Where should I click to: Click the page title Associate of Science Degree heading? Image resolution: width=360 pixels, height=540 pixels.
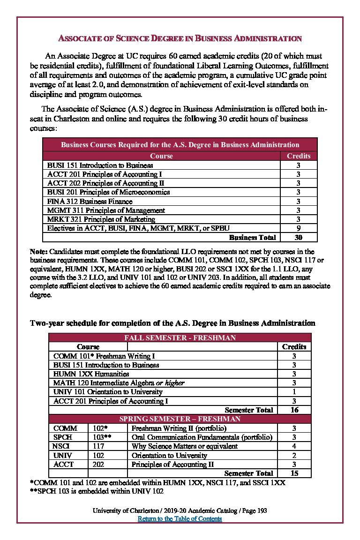[x=180, y=38]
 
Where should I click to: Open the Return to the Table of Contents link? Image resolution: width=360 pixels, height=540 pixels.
[x=180, y=518]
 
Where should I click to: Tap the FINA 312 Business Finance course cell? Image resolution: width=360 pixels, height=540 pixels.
[x=90, y=201]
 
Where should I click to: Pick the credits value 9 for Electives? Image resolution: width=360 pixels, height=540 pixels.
[x=299, y=228]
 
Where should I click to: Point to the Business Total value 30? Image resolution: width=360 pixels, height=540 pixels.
[x=299, y=237]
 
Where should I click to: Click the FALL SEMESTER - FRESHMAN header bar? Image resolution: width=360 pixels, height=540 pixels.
[x=180, y=337]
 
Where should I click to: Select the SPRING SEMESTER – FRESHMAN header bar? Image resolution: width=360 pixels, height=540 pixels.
[x=180, y=419]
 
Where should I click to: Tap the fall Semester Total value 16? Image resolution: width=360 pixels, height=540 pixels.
[x=294, y=410]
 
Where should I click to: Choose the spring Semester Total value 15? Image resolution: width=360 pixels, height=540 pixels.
[x=294, y=473]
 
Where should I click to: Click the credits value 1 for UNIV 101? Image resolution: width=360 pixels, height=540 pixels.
[x=294, y=391]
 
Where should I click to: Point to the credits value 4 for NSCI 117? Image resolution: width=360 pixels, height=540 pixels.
[x=294, y=446]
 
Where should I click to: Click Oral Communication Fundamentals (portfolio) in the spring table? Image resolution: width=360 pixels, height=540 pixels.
[x=202, y=437]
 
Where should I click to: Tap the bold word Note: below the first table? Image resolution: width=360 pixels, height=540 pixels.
[x=39, y=251]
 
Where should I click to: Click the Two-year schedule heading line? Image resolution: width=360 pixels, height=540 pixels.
[x=172, y=323]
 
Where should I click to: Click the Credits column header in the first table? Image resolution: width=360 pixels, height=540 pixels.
[x=299, y=156]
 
